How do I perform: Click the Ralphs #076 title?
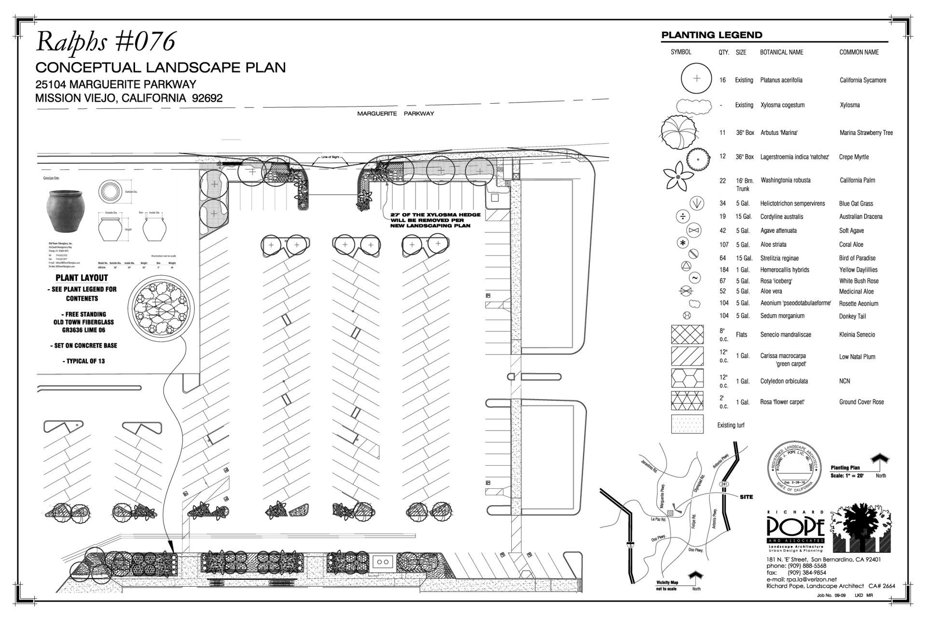(x=106, y=42)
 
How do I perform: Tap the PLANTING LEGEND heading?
(x=711, y=35)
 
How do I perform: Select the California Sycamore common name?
(x=862, y=80)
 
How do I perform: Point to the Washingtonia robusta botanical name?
(x=785, y=180)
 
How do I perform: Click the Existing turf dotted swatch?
(x=687, y=424)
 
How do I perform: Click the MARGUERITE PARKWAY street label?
(x=395, y=114)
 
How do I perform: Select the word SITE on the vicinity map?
(x=746, y=497)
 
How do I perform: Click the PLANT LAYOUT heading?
(x=82, y=278)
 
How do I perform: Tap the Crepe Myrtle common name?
(x=854, y=157)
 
